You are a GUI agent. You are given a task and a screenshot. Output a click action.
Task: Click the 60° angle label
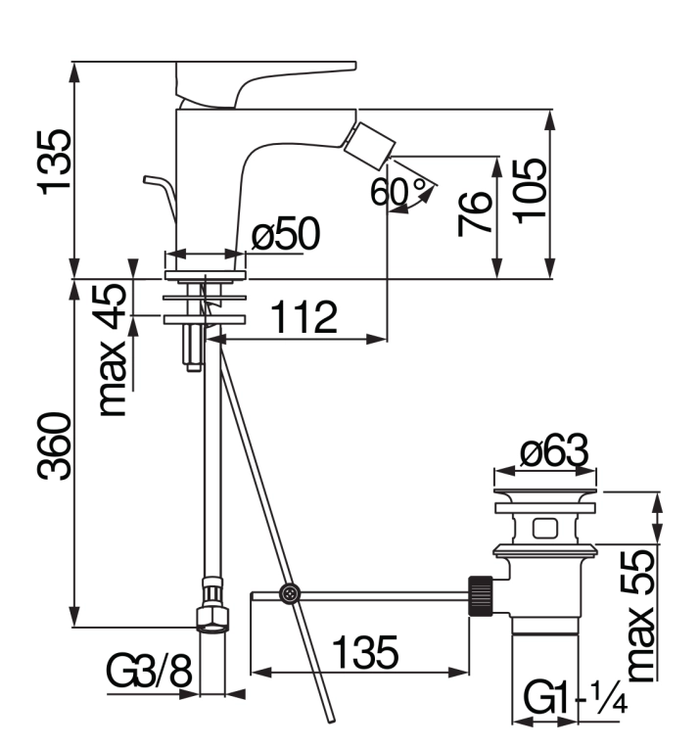tap(397, 191)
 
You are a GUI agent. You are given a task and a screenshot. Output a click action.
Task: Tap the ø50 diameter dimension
tap(286, 233)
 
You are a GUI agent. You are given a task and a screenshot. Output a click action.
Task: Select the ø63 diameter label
tap(554, 450)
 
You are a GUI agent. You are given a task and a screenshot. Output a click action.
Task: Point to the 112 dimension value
tap(304, 316)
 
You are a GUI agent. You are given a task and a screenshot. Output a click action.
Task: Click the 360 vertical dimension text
tap(55, 446)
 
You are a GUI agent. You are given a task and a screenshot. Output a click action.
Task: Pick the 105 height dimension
tap(530, 191)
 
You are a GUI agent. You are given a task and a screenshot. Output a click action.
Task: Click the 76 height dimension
tap(474, 213)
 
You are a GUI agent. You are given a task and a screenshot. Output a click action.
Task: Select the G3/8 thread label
tap(149, 671)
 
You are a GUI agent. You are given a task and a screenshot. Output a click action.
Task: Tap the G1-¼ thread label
tap(575, 698)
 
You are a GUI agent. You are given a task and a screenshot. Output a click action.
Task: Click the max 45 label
tap(113, 350)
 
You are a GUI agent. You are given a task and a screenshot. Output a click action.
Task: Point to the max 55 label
tap(639, 615)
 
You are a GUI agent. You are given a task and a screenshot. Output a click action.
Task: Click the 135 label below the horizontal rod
tap(365, 652)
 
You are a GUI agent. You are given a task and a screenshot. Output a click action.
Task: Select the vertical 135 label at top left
tap(55, 162)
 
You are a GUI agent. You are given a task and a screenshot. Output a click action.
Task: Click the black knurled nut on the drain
tap(482, 596)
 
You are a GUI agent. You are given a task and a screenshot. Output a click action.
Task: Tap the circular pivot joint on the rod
tap(289, 594)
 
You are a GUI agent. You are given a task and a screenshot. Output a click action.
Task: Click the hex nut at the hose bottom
tap(212, 620)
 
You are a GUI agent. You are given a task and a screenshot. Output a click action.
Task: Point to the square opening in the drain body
tap(545, 528)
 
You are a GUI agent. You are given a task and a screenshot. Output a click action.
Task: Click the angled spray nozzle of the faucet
tap(370, 146)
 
